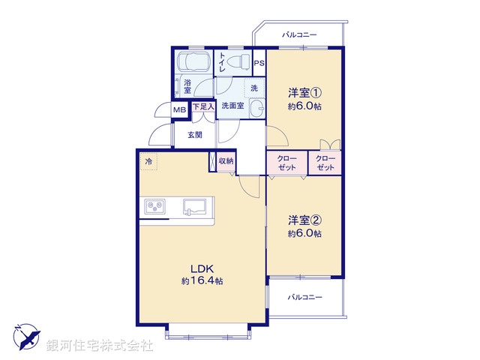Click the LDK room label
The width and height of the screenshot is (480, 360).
(201, 268)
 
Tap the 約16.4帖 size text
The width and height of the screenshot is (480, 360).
(201, 280)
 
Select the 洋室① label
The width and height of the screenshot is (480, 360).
(305, 94)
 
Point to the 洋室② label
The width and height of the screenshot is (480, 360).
(305, 220)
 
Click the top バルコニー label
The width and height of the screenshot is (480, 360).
(300, 34)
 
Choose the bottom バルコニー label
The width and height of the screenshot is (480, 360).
(304, 297)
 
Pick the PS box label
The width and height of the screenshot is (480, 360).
(259, 63)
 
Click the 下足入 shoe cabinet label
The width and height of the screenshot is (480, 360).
(203, 107)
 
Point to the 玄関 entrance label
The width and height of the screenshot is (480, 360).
(195, 135)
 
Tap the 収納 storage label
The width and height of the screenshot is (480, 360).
(226, 161)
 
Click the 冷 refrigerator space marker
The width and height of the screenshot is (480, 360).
(149, 162)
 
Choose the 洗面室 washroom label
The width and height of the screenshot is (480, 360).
(232, 106)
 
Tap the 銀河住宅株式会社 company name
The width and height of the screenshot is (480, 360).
(100, 346)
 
